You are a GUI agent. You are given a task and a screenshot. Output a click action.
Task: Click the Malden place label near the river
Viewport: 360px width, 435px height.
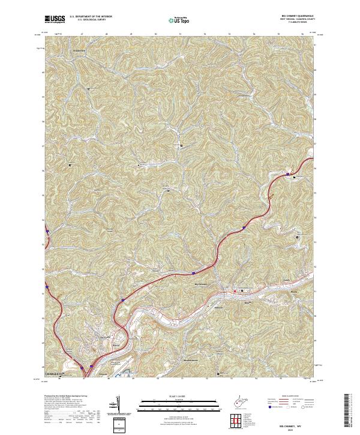[x=218, y=306]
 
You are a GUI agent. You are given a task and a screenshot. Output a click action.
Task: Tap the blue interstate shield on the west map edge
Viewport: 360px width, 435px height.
[x=46, y=229]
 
